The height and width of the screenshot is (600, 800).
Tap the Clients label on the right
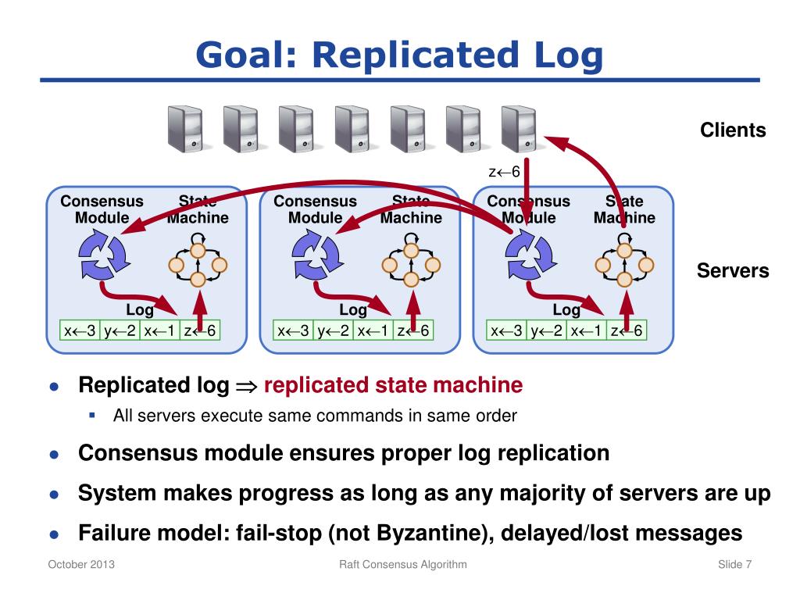[733, 130]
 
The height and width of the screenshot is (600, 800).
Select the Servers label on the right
[733, 271]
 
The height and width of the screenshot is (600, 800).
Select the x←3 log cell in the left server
[80, 331]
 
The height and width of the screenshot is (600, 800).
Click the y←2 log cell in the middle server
[334, 331]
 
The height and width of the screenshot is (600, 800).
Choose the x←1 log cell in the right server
[587, 331]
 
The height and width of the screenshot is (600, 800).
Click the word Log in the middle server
[353, 310]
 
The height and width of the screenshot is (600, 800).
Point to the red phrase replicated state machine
[393, 385]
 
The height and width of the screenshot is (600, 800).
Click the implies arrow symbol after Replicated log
[246, 386]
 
